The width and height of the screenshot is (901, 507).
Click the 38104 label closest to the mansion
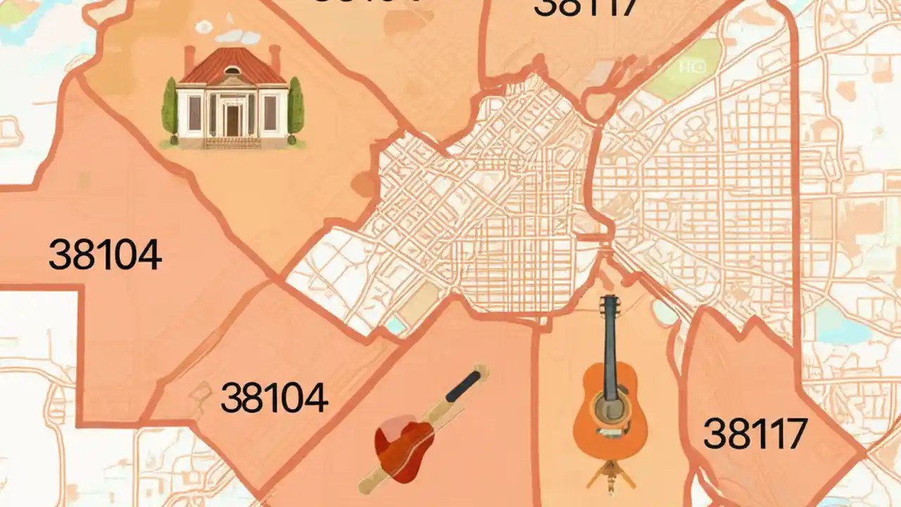[105, 255]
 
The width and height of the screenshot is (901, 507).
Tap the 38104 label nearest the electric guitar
[274, 398]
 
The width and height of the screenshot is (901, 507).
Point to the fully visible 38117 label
[755, 432]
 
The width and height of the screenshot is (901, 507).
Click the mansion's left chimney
[189, 59]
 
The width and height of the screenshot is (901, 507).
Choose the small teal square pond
[396, 325]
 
